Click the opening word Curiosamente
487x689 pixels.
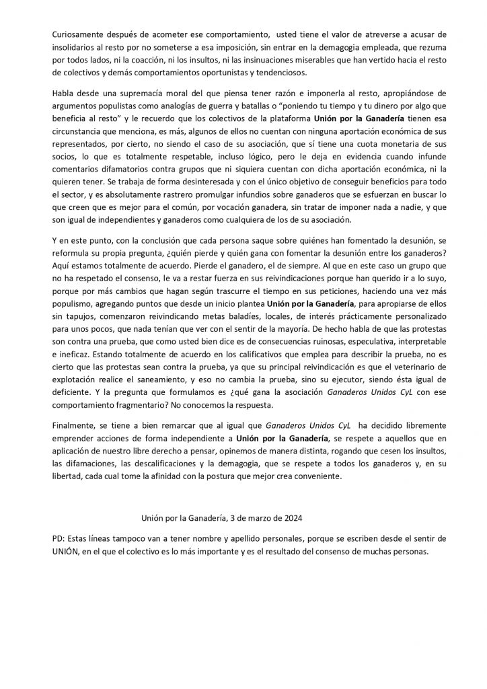coord(78,34)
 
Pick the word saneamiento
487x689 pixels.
coord(152,388)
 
